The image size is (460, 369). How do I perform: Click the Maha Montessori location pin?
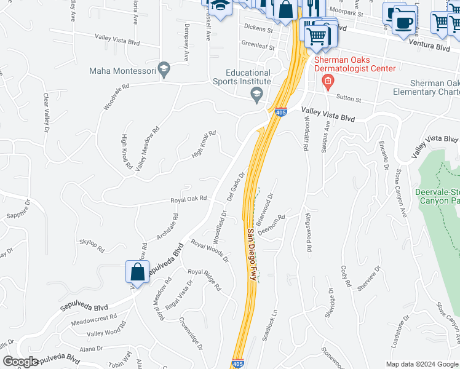[x=164, y=71]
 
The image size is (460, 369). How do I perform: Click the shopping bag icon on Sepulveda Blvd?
[x=138, y=272]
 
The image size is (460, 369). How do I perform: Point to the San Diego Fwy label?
[x=252, y=255]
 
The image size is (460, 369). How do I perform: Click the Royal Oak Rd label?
[x=188, y=199]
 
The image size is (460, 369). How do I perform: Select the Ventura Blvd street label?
[x=424, y=47]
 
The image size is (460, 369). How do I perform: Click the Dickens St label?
[x=258, y=29]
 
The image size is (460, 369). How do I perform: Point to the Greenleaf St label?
[x=258, y=44]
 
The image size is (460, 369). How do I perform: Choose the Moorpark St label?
[x=346, y=12]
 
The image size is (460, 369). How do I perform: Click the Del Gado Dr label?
[x=236, y=186]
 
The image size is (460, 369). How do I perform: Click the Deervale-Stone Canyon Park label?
[x=437, y=196]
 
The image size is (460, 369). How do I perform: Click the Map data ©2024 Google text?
[x=421, y=363]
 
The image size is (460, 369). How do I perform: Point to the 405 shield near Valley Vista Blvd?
[x=280, y=113]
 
